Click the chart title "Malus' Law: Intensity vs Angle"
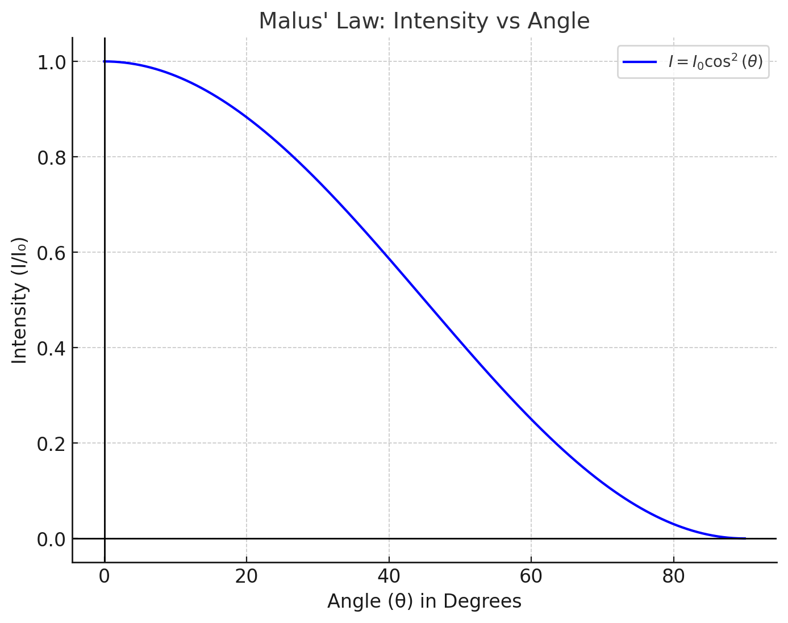pos(424,22)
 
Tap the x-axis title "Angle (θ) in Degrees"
pos(424,601)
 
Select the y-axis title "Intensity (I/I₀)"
pos(20,300)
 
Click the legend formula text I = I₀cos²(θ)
pos(715,62)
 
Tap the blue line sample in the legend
pos(640,62)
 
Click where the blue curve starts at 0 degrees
pos(105,61)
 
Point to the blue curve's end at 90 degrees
pos(745,538)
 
